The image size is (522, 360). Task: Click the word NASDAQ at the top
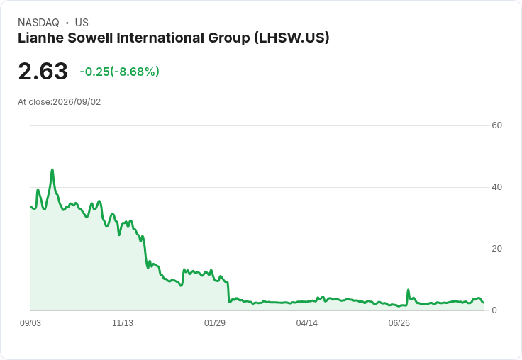click(x=38, y=23)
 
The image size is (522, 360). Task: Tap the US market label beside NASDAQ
click(x=82, y=23)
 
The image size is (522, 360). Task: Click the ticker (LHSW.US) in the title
click(x=291, y=38)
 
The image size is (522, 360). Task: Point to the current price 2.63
click(x=43, y=71)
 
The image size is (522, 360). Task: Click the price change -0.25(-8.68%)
click(x=120, y=72)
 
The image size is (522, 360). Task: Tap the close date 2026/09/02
click(x=77, y=102)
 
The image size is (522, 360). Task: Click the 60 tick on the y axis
click(x=496, y=125)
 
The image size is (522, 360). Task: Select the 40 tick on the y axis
click(x=496, y=187)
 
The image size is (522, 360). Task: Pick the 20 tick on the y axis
click(x=496, y=249)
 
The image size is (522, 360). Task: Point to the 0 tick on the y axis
click(x=494, y=310)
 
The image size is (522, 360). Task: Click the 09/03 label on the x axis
click(x=30, y=323)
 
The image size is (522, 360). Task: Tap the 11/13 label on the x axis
click(x=123, y=323)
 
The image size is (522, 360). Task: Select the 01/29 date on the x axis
click(x=215, y=323)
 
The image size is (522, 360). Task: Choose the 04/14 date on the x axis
click(x=306, y=323)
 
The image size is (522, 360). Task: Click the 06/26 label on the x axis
click(x=399, y=323)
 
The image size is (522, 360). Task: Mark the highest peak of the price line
click(x=52, y=169)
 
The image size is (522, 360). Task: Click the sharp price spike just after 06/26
click(x=408, y=290)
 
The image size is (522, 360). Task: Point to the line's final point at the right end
click(x=484, y=302)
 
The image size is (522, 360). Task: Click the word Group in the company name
click(x=229, y=38)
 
